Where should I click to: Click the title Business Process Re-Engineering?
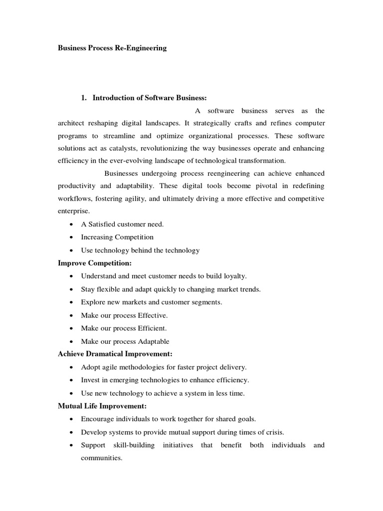112,48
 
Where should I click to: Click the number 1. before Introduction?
84,98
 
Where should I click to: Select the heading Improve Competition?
95,263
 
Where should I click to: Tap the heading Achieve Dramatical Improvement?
115,354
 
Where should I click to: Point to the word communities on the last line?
101,458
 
